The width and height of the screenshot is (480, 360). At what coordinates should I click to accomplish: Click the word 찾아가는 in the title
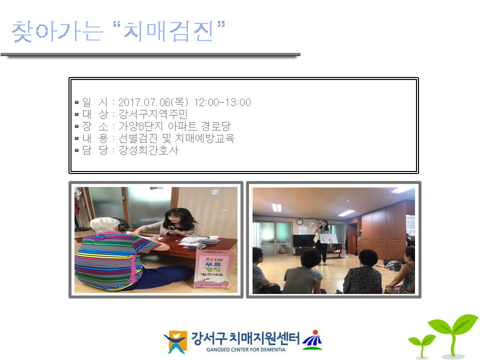point(57,31)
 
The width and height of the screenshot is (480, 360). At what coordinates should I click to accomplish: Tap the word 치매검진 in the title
point(168,31)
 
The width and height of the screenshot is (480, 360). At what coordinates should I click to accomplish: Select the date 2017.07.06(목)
point(153,102)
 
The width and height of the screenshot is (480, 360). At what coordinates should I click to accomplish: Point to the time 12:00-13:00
point(222,102)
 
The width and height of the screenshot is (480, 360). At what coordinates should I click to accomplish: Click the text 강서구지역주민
point(153,114)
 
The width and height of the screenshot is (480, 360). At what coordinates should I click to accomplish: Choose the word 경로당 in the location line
point(216,126)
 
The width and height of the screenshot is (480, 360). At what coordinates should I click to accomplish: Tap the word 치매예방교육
point(205,138)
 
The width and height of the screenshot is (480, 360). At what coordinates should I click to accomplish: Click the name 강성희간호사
point(148,150)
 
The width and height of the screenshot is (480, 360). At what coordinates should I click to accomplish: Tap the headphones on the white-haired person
point(121,224)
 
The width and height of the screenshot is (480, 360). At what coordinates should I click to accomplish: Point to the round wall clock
point(299,221)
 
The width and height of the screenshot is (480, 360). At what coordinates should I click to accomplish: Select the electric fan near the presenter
point(312,223)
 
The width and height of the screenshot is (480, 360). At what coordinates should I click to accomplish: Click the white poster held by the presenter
point(328,239)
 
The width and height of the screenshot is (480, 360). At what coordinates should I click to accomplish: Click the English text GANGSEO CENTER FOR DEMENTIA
point(246,349)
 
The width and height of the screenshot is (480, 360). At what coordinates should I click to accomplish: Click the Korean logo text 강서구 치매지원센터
point(245,338)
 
